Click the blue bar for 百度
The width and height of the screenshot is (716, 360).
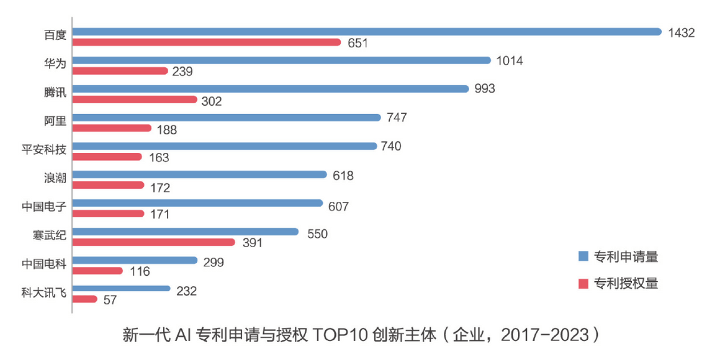[367, 32]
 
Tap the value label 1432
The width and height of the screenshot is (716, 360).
[681, 33]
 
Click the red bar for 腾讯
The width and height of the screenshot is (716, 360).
[135, 99]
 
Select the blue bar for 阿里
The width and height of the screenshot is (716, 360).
[227, 118]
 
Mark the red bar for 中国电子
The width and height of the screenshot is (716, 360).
[109, 214]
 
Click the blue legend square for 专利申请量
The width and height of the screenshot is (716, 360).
[583, 257]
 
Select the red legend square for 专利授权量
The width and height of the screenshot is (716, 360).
[583, 284]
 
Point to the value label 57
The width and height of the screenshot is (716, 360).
[110, 300]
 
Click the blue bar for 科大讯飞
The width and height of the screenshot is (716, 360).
[122, 288]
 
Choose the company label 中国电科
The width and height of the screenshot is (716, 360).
[44, 264]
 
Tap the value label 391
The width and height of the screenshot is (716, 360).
[253, 243]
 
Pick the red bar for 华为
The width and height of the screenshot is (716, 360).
[120, 71]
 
